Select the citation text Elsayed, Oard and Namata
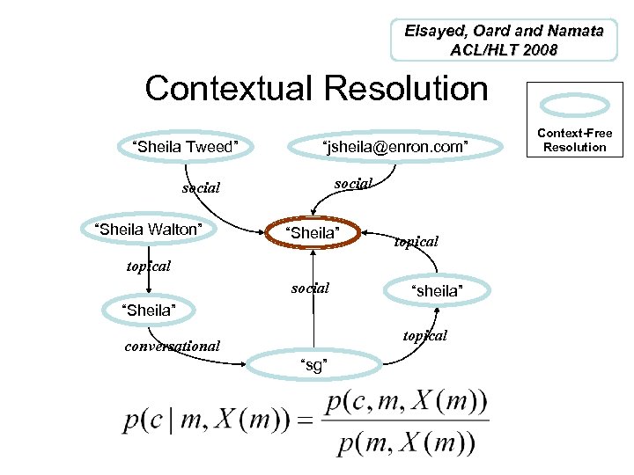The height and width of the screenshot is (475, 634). [x=504, y=31]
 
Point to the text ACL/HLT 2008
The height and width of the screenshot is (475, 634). [x=504, y=50]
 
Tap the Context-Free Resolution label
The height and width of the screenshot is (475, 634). [x=574, y=140]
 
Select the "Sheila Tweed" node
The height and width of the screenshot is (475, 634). [x=185, y=147]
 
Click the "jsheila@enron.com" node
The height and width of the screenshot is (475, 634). [x=395, y=147]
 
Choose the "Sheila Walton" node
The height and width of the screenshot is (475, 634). [x=148, y=230]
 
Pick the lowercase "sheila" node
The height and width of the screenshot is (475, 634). [x=438, y=291]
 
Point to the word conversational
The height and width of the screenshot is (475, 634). [x=173, y=346]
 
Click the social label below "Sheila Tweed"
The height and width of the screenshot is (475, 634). [x=201, y=188]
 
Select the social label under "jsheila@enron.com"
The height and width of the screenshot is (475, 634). [x=354, y=183]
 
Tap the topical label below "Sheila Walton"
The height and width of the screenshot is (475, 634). [x=148, y=266]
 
